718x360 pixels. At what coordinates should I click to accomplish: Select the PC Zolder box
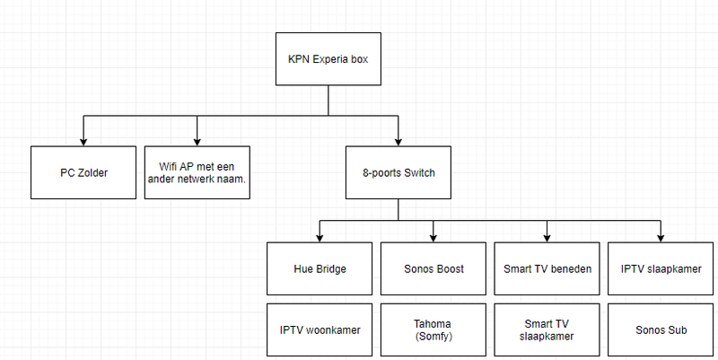tap(83, 171)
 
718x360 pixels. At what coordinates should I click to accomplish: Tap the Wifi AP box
tap(197, 171)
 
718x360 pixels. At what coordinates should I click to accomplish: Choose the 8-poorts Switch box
tap(398, 171)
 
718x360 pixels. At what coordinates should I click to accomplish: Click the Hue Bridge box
tap(320, 268)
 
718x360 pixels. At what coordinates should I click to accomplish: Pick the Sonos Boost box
tap(433, 268)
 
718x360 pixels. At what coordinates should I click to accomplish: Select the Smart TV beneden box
tap(547, 268)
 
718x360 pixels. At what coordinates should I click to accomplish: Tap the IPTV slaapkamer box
tap(661, 268)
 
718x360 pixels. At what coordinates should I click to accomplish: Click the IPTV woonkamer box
tap(320, 329)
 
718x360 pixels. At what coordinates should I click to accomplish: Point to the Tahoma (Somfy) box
tap(433, 329)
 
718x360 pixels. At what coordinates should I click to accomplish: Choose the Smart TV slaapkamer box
tap(547, 329)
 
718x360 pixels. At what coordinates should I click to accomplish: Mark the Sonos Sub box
tap(661, 329)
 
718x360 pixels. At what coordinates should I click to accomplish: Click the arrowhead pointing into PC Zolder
tap(83, 140)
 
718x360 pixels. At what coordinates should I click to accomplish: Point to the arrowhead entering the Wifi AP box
tap(197, 140)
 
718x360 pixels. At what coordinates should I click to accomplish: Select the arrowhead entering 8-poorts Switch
tap(398, 140)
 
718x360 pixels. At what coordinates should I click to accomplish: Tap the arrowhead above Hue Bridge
tap(320, 237)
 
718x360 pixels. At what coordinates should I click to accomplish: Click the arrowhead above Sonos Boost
tap(433, 237)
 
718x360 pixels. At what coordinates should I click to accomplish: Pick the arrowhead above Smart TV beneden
tap(547, 237)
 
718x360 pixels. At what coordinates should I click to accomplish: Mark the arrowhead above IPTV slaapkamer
tap(661, 237)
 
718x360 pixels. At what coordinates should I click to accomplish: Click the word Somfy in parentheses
tap(433, 336)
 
